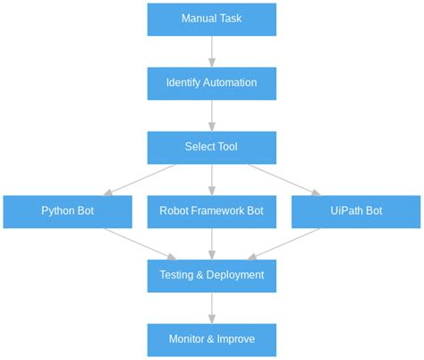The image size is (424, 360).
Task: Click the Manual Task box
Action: [211, 19]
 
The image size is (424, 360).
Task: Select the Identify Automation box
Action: [211, 82]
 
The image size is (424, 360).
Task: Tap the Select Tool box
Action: [211, 147]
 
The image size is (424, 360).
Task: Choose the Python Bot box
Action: [67, 211]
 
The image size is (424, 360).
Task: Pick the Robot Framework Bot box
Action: [211, 211]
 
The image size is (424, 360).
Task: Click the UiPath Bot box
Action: [355, 211]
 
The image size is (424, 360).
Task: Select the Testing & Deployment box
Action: [211, 275]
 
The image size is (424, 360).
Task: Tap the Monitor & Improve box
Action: [211, 339]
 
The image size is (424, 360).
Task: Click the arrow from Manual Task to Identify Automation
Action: [212, 51]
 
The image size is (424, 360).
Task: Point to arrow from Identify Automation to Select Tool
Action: [212, 115]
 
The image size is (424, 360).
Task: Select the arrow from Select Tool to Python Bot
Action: [140, 179]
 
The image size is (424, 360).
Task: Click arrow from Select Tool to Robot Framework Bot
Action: [212, 179]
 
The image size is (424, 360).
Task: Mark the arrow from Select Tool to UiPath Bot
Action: [284, 179]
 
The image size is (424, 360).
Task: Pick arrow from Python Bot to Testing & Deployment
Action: [140, 244]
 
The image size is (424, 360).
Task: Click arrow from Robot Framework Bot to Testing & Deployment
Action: [212, 244]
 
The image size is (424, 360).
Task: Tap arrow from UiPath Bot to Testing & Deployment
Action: [284, 244]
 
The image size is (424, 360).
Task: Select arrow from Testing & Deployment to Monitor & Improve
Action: [212, 307]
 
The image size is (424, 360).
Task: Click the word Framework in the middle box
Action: [218, 211]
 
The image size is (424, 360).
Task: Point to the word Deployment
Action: [234, 275]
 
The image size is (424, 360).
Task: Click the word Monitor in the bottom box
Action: [188, 339]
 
